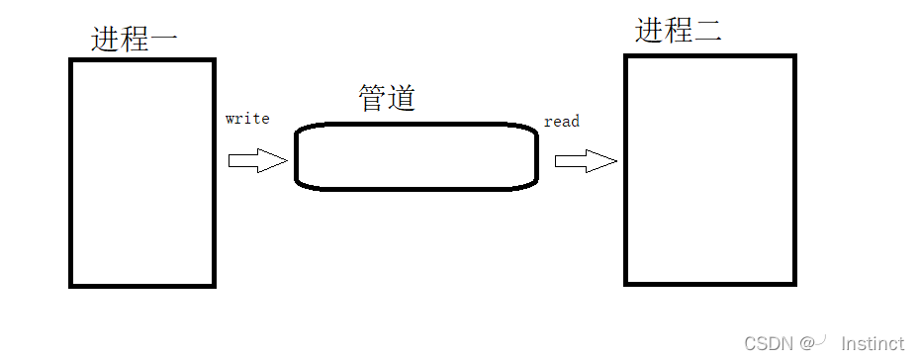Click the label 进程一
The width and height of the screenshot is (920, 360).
(135, 40)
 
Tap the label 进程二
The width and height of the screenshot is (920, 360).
(679, 31)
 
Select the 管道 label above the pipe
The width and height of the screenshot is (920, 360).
(387, 98)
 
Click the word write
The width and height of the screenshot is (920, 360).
(247, 119)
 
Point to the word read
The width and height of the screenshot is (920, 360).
(562, 121)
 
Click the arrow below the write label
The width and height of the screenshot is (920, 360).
(257, 161)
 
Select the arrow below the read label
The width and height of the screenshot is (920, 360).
(586, 161)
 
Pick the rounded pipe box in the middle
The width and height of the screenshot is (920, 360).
(416, 156)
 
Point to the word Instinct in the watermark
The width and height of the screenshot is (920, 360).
(872, 343)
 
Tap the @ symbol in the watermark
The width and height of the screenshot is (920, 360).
(807, 343)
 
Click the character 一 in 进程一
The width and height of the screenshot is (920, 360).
(164, 41)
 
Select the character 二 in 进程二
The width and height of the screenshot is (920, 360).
(708, 32)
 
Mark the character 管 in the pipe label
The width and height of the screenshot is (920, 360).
(372, 98)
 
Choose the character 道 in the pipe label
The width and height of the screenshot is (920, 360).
(402, 98)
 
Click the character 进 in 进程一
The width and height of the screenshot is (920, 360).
(106, 40)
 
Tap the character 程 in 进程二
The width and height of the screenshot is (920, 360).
(679, 31)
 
